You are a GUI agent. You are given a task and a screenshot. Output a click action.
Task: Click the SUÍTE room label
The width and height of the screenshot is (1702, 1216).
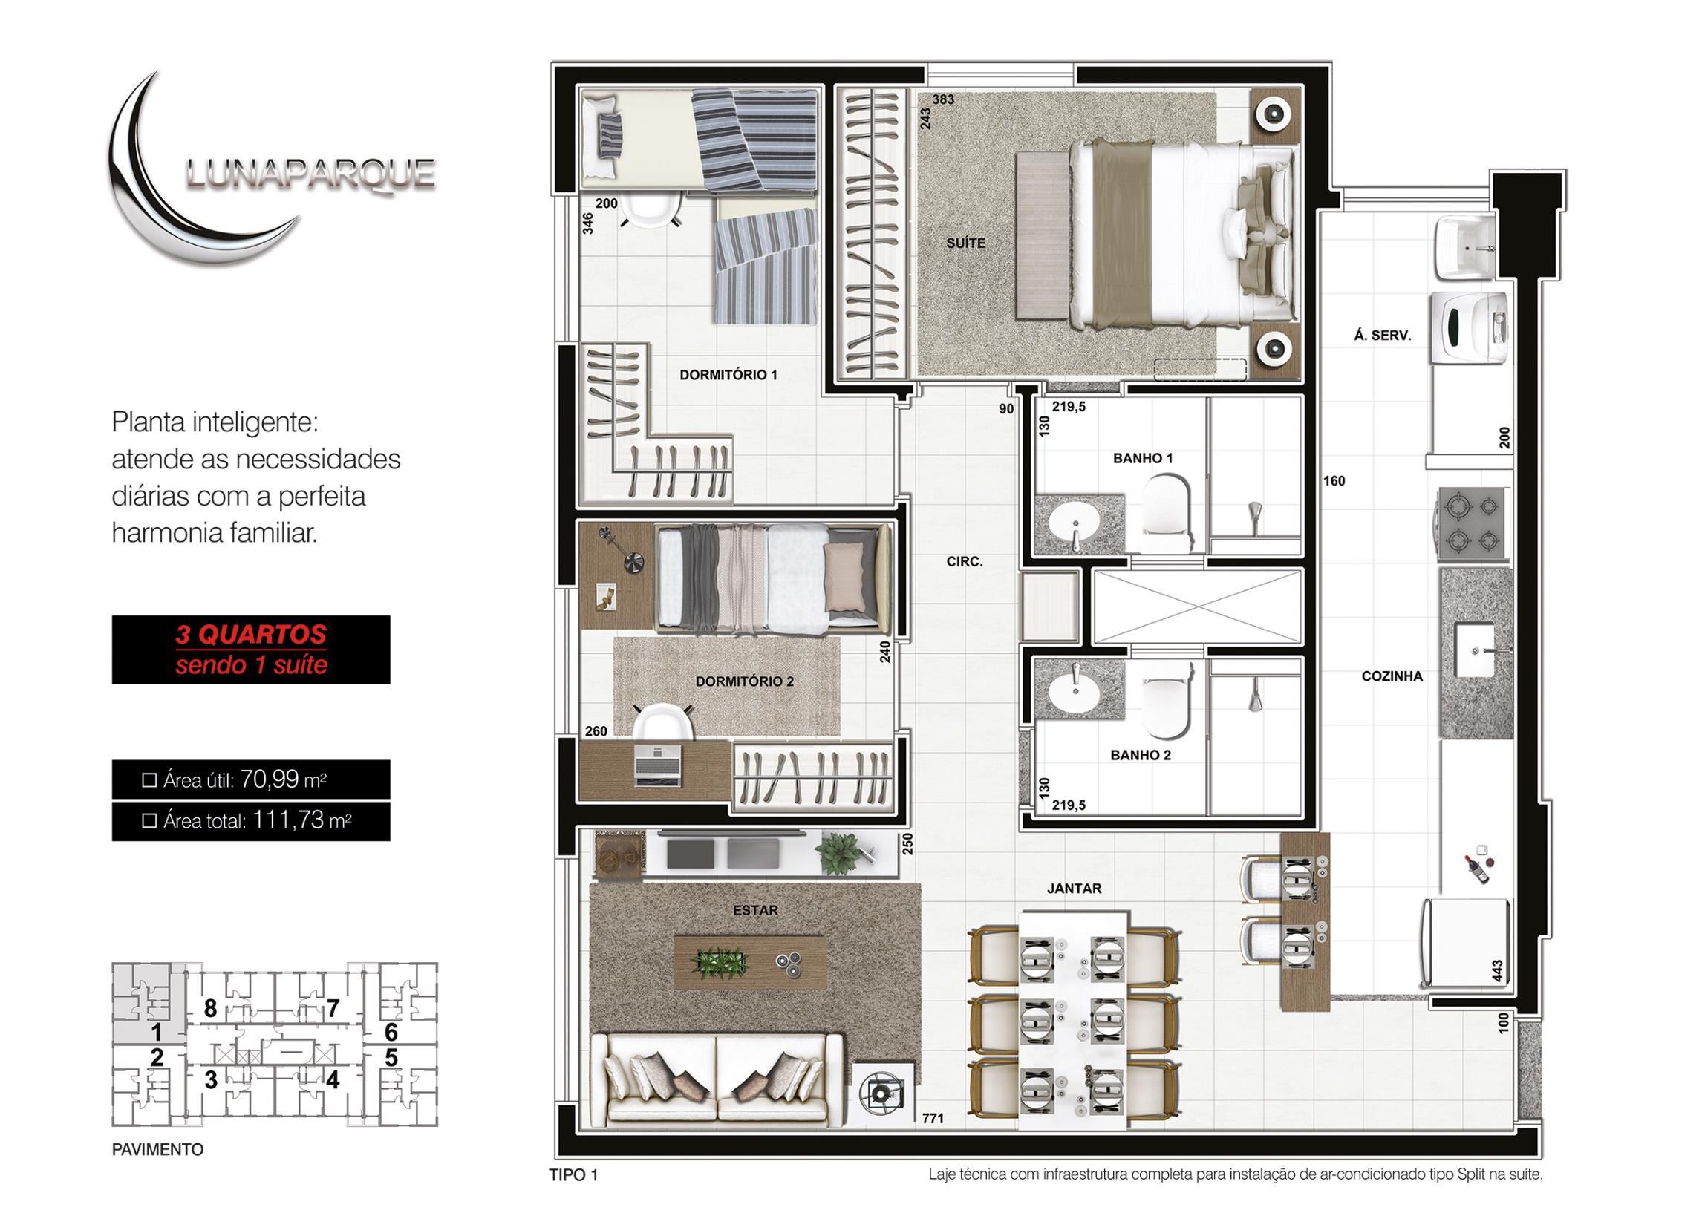pyautogui.click(x=965, y=243)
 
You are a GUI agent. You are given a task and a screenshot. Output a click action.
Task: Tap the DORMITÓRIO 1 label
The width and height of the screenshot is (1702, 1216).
pyautogui.click(x=728, y=374)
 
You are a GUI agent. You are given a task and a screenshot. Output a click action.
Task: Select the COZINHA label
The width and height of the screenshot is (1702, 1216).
pyautogui.click(x=1392, y=676)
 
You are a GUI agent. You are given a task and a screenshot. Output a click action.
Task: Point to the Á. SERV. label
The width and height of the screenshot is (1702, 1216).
pyautogui.click(x=1381, y=336)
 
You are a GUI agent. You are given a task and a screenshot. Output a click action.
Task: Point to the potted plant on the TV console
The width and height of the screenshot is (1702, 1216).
pyautogui.click(x=837, y=853)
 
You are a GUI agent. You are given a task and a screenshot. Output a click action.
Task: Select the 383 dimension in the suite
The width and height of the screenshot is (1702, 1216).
pyautogui.click(x=943, y=99)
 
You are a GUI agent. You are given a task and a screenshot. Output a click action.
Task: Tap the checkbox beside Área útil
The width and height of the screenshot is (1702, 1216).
pyautogui.click(x=149, y=781)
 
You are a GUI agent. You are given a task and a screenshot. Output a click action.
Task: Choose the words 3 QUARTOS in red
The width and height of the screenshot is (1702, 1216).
pyautogui.click(x=251, y=634)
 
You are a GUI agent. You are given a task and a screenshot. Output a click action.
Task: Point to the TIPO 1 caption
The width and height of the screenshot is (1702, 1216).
pyautogui.click(x=574, y=1175)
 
